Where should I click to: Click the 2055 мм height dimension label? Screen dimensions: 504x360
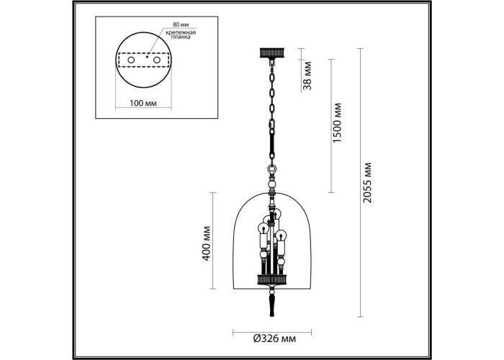coord(367,183)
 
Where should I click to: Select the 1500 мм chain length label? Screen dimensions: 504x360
coord(337,123)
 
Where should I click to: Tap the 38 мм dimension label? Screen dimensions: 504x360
coord(307,75)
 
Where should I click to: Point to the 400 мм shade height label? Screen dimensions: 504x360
coord(207,243)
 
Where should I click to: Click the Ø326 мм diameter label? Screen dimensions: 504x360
coord(274,338)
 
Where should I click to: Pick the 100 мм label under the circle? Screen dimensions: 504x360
coord(143,103)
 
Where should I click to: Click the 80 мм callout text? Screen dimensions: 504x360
coord(181,24)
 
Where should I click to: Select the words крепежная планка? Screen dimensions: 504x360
coord(181,35)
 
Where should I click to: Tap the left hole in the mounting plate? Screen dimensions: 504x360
coord(131,60)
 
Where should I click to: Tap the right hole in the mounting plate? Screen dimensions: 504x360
coord(156,60)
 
